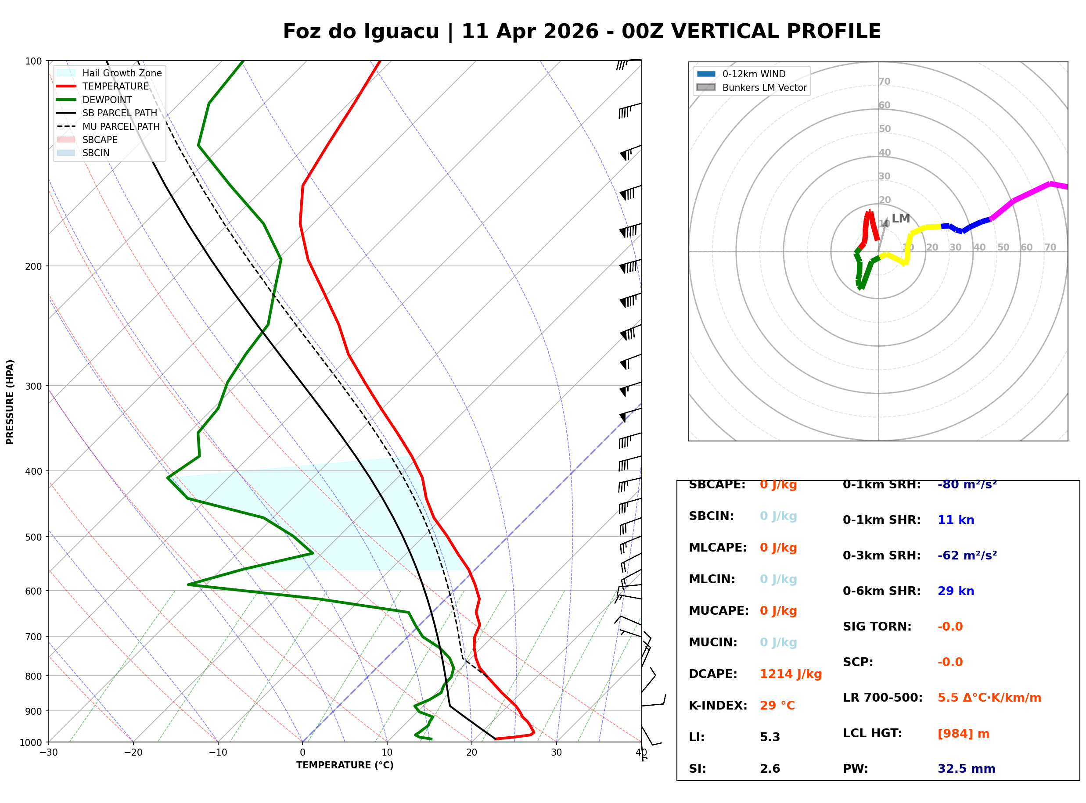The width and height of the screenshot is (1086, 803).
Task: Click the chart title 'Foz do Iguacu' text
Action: [361, 32]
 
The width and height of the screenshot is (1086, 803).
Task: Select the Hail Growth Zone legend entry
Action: [122, 73]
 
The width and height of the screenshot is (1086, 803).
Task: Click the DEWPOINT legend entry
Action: [107, 100]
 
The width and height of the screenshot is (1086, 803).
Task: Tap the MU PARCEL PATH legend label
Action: [121, 126]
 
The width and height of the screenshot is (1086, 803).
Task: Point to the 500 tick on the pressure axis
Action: [33, 537]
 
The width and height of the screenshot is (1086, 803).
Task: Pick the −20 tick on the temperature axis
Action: [133, 753]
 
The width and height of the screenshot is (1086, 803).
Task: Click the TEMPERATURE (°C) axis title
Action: [345, 765]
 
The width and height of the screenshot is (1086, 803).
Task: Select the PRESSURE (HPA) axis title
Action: [10, 401]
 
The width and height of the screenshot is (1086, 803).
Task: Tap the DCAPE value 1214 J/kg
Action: [791, 674]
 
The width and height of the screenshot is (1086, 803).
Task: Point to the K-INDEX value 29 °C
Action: [777, 706]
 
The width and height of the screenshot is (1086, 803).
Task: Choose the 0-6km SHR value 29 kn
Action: [955, 591]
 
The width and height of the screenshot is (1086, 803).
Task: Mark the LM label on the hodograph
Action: [900, 218]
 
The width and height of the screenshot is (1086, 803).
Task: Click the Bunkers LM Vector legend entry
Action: [764, 87]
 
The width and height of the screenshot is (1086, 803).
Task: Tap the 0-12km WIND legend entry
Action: [754, 74]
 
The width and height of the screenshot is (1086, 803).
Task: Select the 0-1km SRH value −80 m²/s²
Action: [967, 484]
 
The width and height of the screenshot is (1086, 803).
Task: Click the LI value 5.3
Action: [770, 737]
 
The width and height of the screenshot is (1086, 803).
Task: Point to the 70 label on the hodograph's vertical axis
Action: [884, 81]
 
